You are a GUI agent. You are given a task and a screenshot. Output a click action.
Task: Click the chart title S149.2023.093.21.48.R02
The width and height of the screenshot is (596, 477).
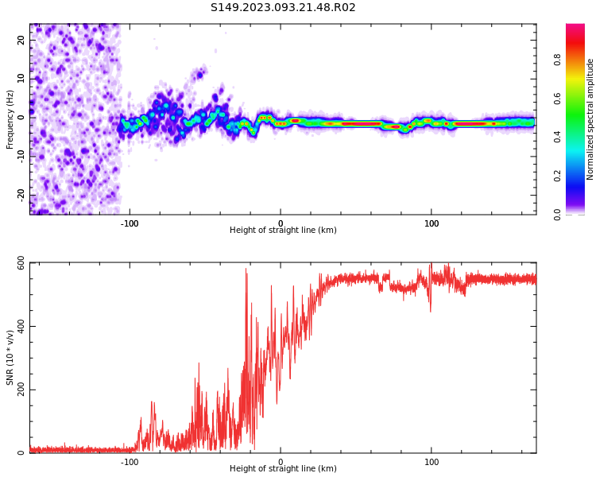click(283, 8)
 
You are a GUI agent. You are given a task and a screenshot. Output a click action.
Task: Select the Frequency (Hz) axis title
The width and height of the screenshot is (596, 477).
click(10, 119)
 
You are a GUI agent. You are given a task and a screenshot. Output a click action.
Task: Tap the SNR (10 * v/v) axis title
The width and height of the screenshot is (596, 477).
click(10, 358)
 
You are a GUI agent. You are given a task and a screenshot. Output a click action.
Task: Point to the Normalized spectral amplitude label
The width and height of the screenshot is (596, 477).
click(590, 119)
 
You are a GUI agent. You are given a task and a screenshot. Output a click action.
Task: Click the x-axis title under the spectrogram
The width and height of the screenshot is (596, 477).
click(283, 231)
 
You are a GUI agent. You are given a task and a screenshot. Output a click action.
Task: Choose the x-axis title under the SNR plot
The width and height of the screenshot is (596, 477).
click(283, 469)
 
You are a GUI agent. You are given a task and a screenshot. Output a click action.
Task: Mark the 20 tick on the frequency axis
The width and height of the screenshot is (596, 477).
click(21, 39)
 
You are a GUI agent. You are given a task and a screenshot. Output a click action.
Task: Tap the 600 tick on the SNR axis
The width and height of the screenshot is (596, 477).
click(17, 263)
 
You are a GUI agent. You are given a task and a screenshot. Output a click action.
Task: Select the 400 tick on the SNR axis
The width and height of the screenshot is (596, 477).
click(17, 327)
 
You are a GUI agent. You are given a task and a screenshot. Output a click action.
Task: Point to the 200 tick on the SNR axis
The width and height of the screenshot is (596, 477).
click(17, 390)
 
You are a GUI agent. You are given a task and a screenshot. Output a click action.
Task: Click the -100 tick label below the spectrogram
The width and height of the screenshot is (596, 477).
click(129, 223)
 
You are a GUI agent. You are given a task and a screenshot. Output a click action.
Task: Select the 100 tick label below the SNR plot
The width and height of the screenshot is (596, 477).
click(432, 462)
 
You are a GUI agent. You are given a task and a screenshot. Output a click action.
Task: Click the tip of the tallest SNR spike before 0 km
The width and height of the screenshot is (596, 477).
click(246, 270)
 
